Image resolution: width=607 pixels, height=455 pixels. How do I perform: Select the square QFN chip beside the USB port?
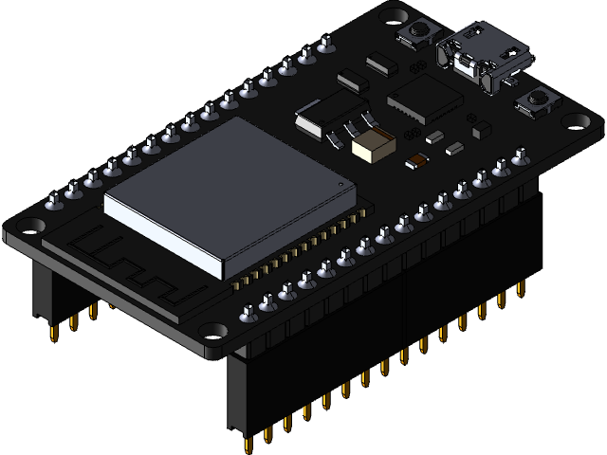pos(424,98)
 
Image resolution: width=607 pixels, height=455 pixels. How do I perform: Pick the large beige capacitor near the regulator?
pos(372,143)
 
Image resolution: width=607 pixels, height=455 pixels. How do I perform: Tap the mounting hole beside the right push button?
pos(578,121)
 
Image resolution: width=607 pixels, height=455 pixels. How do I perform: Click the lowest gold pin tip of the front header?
pos(248,445)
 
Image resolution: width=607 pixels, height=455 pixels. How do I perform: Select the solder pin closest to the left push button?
pos(326,43)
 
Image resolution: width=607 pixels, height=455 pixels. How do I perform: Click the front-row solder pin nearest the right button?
pos(520,157)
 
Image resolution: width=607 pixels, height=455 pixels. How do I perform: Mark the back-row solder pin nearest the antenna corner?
pos(54,201)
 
